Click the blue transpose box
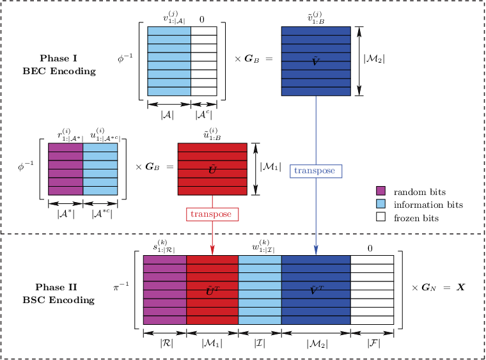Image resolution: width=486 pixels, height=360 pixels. coord(316,171)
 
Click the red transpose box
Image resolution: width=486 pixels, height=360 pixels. coord(212,214)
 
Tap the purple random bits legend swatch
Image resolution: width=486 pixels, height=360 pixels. coord(380,191)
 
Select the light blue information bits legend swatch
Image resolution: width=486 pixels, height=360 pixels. coord(380,204)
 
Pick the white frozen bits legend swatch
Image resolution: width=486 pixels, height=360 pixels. coord(380,217)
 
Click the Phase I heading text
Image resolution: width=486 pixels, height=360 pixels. coord(58,58)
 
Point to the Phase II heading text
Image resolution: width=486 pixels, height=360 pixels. coord(56,287)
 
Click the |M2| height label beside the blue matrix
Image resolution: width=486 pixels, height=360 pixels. coord(374,59)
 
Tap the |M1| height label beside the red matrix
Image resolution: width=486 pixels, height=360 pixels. coord(270,167)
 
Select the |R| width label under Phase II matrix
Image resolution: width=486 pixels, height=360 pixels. coord(167,343)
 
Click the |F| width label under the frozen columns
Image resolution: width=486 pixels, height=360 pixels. coord(373,343)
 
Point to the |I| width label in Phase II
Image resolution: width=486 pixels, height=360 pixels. coord(260,343)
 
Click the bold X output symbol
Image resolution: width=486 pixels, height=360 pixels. coord(460,288)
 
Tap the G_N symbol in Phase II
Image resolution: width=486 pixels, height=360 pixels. coord(428,288)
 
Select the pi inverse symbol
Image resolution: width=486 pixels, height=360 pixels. coord(121,286)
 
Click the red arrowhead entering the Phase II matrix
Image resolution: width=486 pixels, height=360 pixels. coord(212,250)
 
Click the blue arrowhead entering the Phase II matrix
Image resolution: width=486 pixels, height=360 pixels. coord(316,250)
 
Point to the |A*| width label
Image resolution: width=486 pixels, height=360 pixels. coord(66,214)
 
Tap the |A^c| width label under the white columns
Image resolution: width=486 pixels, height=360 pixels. coord(203,115)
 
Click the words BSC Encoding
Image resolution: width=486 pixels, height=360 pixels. coord(59,300)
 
